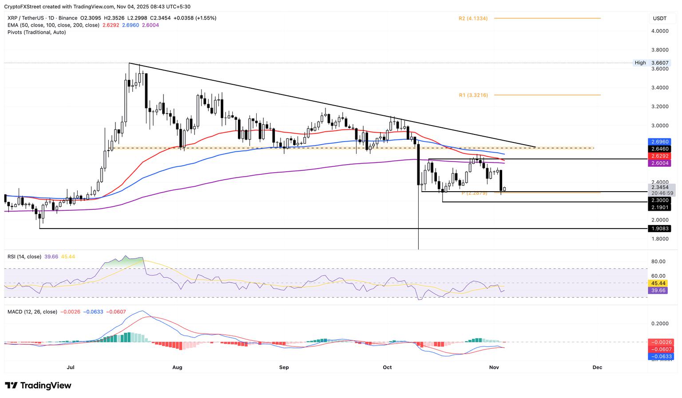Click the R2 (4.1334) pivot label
(x=473, y=19)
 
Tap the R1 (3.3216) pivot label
(x=473, y=95)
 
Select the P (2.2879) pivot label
(x=474, y=193)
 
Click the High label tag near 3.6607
(x=640, y=63)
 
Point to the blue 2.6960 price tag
(x=660, y=142)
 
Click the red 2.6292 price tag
(x=660, y=156)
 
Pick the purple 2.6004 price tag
(x=660, y=163)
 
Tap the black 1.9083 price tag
(x=660, y=229)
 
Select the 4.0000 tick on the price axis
(x=660, y=31)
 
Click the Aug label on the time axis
(x=177, y=367)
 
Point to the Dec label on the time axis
(x=597, y=367)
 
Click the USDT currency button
(x=660, y=18)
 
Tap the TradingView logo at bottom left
(x=38, y=386)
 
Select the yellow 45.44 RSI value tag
(x=657, y=283)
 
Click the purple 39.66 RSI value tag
(x=657, y=290)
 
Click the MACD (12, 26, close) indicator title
(x=32, y=312)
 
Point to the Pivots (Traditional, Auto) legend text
(x=37, y=32)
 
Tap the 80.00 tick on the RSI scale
(x=658, y=261)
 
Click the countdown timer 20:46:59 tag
(x=661, y=193)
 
